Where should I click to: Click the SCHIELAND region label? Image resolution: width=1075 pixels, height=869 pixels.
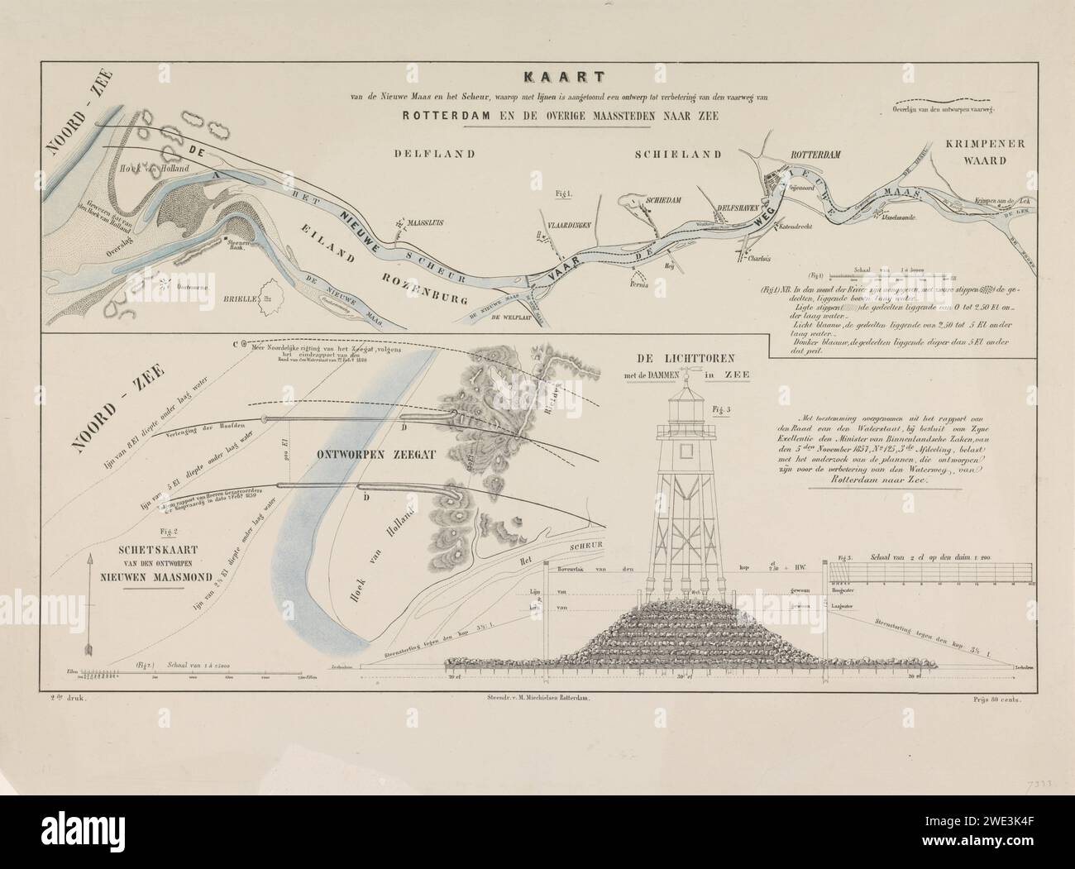click(678, 155)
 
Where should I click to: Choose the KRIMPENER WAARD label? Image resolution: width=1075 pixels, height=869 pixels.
click(984, 151)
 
